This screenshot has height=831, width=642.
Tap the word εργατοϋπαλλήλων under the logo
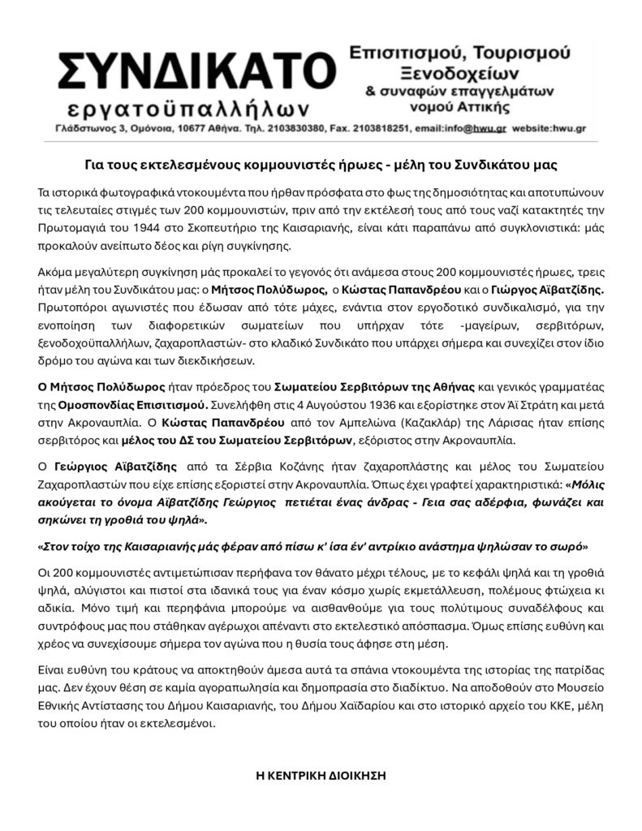point(186,108)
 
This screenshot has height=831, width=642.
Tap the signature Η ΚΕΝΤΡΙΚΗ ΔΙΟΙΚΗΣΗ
point(321,776)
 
